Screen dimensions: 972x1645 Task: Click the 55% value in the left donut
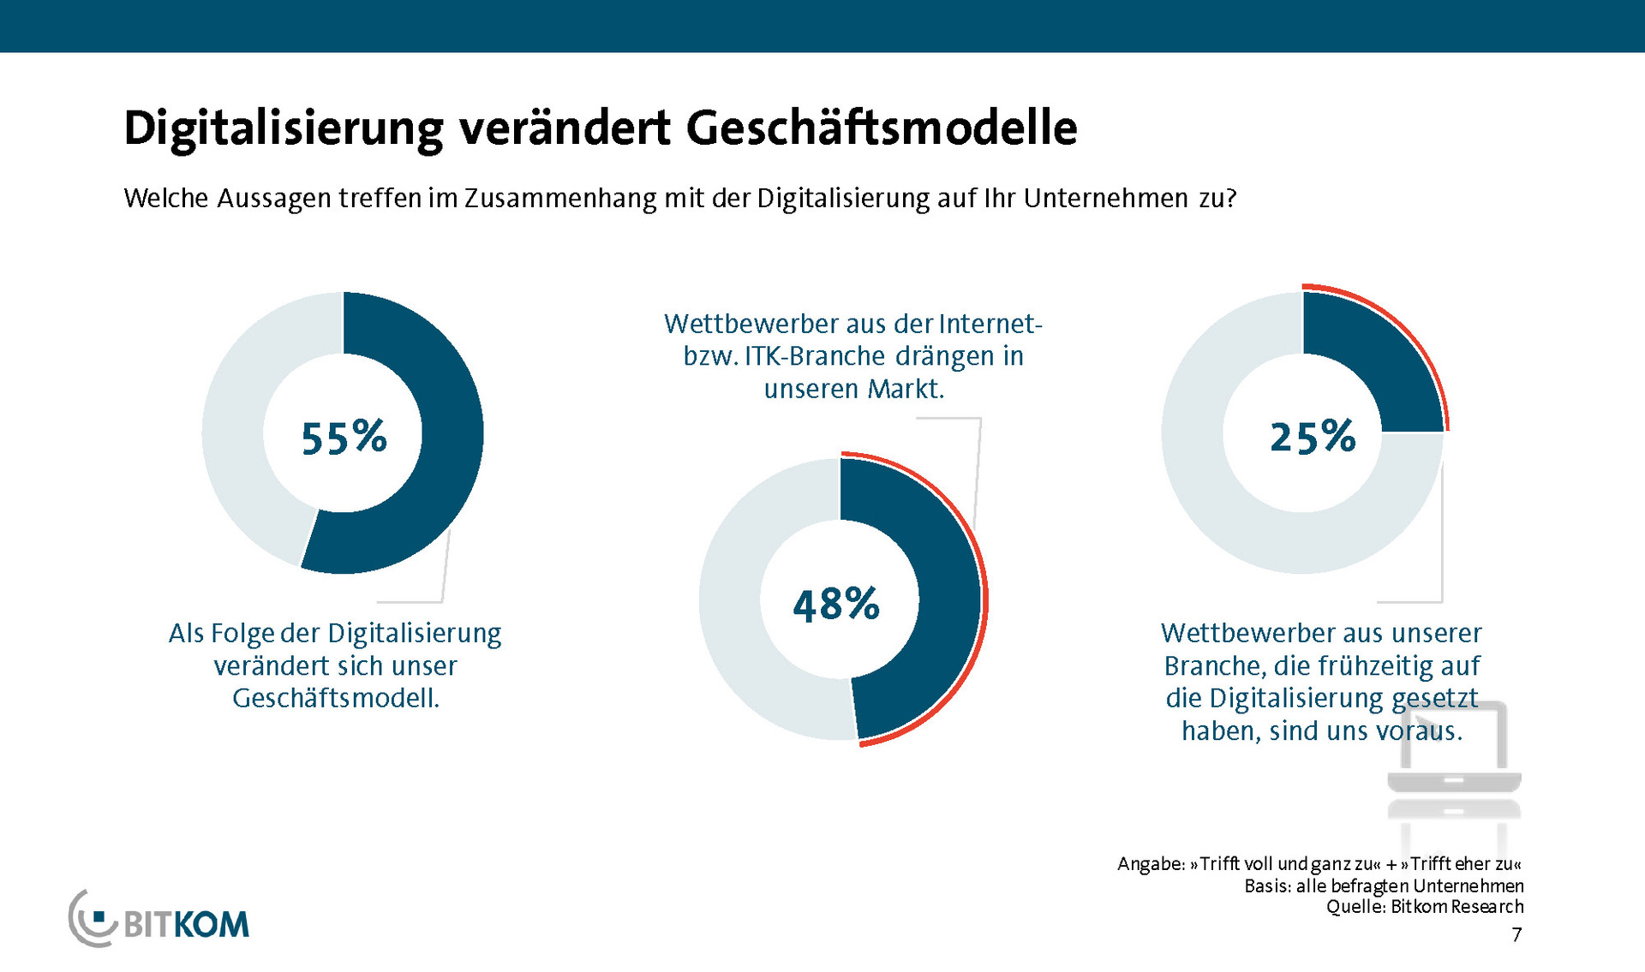tap(344, 437)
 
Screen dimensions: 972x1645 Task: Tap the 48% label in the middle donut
tap(836, 604)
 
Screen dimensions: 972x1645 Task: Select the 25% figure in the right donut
tap(1313, 437)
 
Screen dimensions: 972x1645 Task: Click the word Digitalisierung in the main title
tap(283, 128)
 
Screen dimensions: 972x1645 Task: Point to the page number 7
tap(1516, 934)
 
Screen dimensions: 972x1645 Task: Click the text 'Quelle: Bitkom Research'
tap(1425, 907)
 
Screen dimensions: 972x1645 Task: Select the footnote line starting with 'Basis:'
tap(1384, 886)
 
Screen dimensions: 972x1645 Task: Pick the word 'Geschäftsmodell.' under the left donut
tap(336, 698)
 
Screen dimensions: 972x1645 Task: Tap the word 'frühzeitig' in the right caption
tap(1376, 665)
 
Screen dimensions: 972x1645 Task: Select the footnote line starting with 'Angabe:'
tap(1319, 863)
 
